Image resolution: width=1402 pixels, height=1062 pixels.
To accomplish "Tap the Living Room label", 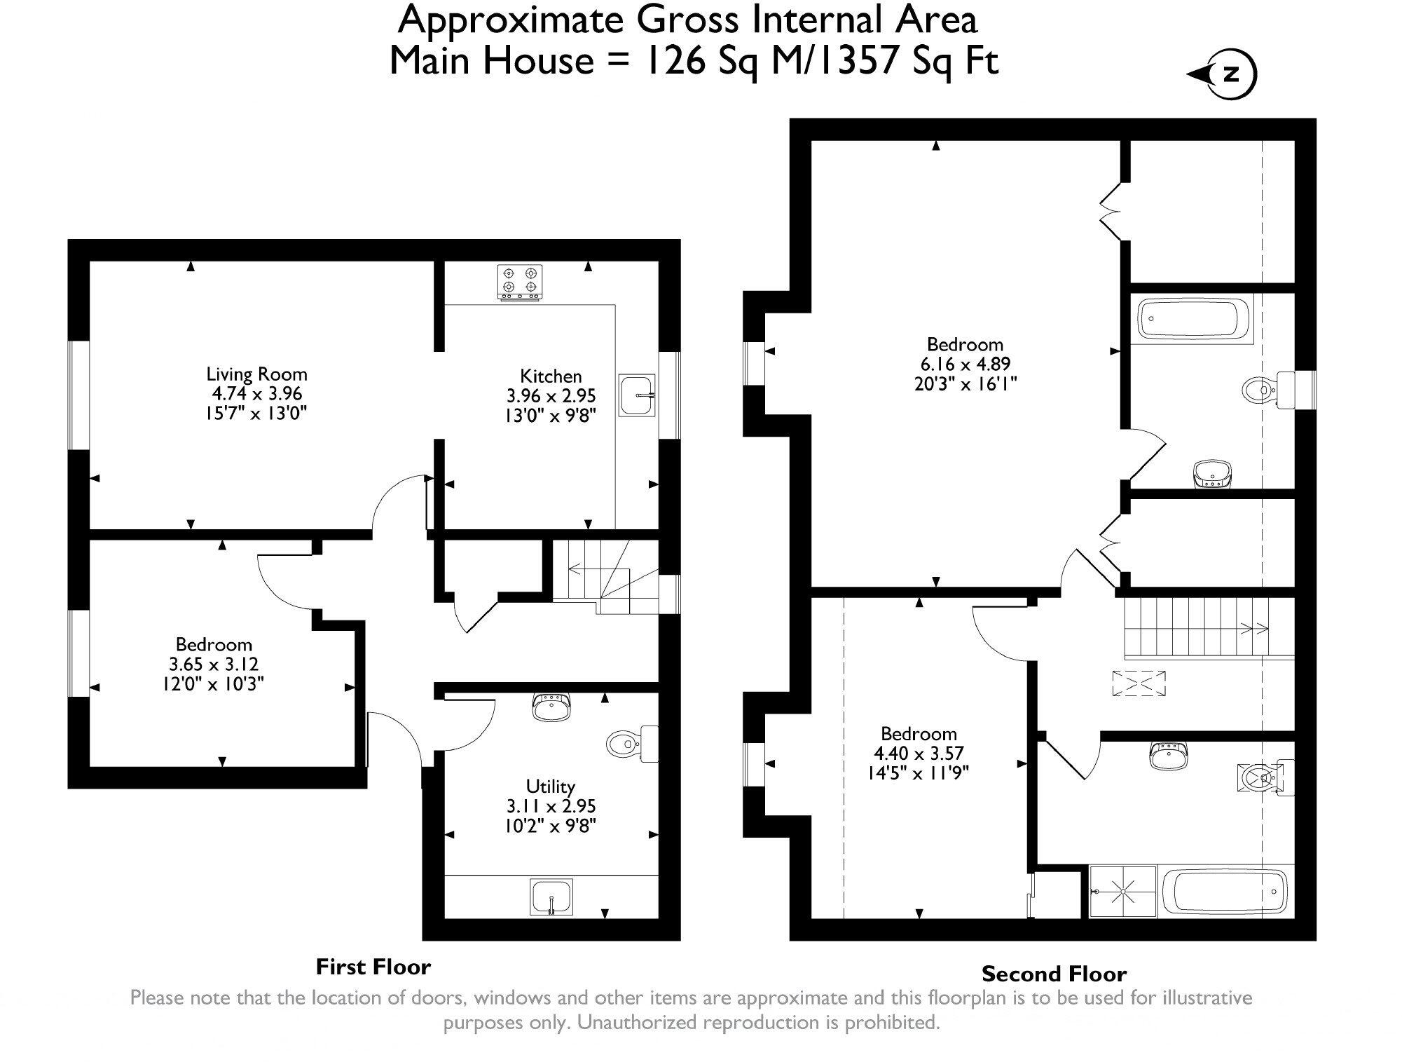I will tap(256, 374).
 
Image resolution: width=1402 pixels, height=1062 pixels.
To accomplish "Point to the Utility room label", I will tap(550, 786).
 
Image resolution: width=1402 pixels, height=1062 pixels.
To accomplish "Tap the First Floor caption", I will tap(373, 967).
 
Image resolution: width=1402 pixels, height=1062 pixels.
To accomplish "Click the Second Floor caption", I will tap(1054, 974).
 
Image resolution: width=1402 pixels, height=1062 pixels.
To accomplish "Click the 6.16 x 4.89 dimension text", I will tap(965, 364).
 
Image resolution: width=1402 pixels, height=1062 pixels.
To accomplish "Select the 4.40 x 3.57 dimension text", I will tap(919, 753).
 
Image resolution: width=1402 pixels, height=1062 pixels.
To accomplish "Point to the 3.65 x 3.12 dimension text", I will tap(213, 664).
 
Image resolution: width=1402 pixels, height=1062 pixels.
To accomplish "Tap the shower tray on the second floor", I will tap(1123, 892).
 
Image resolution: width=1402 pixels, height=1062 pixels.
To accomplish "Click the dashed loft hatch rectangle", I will tap(1139, 683).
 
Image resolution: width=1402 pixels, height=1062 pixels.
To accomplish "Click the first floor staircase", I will tap(606, 579).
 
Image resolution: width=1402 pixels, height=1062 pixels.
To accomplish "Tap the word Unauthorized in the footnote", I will tap(636, 1022).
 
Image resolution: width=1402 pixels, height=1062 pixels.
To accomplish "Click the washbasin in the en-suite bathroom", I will tap(1211, 473).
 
